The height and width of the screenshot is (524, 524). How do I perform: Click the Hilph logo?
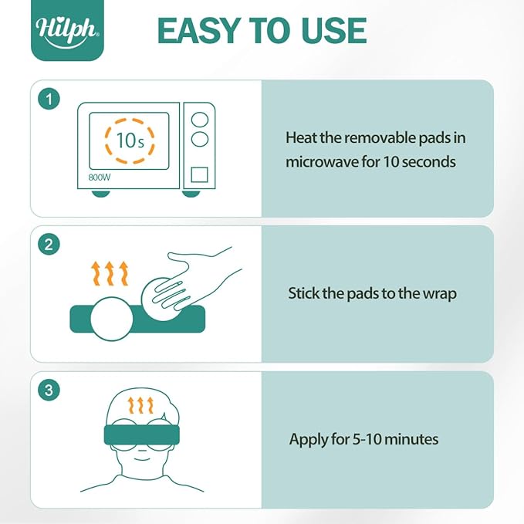click(67, 30)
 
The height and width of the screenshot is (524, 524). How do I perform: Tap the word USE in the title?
click(334, 31)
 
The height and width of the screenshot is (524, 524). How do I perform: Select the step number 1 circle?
click(49, 99)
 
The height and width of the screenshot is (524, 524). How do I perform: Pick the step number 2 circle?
click(49, 245)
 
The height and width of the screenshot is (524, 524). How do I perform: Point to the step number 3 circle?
click(49, 390)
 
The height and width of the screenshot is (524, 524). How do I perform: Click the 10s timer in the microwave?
click(130, 140)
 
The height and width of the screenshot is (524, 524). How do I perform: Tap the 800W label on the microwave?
click(100, 177)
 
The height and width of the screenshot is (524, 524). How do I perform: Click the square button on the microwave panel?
click(200, 174)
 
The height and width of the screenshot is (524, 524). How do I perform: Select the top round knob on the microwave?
click(200, 120)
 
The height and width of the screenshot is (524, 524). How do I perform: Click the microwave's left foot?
click(100, 193)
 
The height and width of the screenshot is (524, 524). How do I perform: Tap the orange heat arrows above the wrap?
click(110, 273)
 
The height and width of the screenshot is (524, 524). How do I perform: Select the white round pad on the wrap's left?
click(112, 319)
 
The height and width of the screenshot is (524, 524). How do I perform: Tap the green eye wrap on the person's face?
click(142, 435)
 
